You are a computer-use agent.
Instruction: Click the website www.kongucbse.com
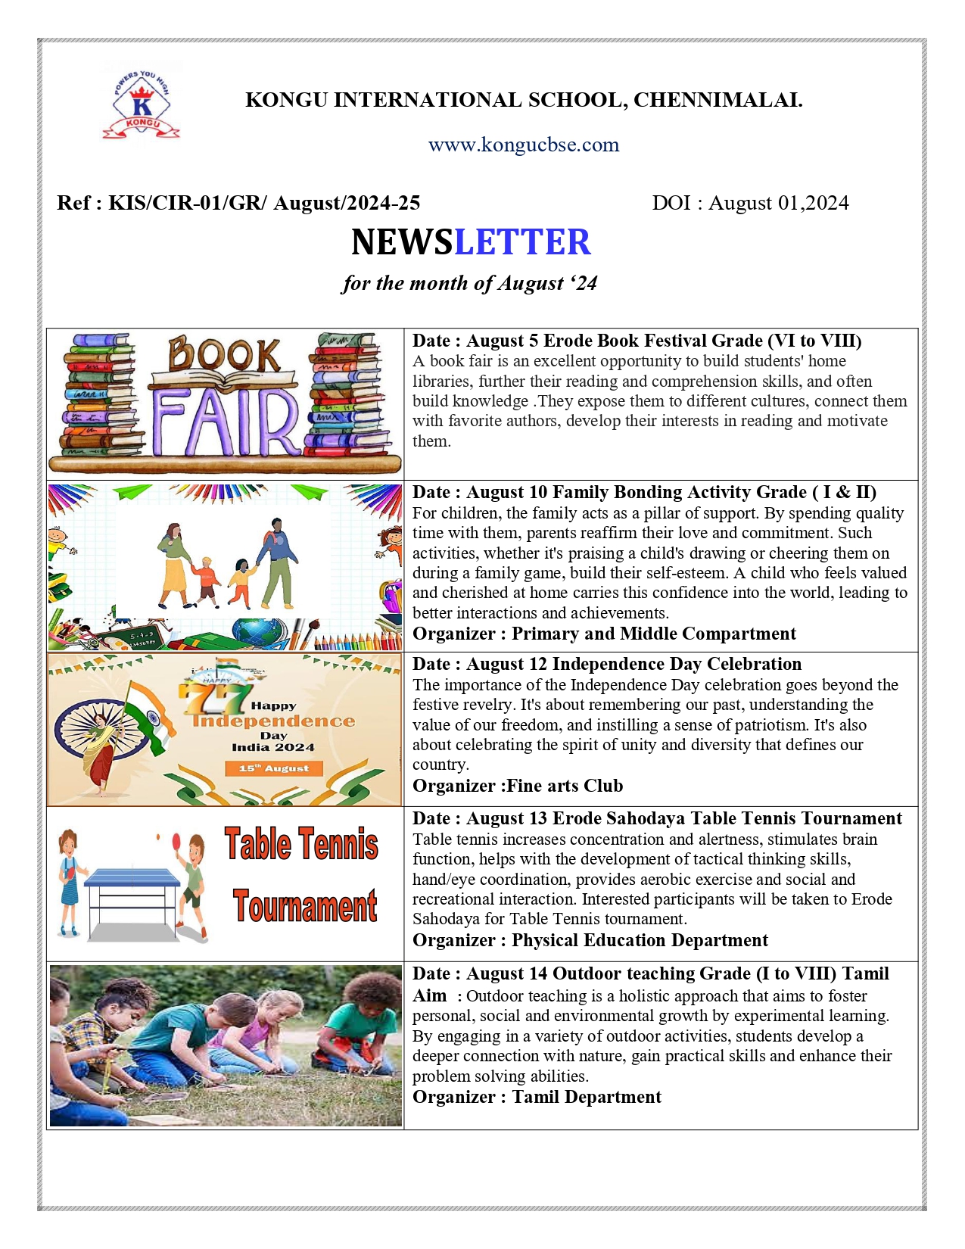pos(523,145)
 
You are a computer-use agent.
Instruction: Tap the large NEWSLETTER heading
pos(471,242)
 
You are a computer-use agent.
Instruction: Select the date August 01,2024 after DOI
pos(778,203)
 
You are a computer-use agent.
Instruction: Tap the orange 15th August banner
pos(274,768)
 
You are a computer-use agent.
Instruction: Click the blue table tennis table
pos(132,879)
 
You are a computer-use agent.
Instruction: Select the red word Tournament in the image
pos(304,906)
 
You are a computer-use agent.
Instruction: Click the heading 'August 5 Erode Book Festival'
pos(614,341)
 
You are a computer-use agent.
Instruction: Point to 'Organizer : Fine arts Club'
pos(517,786)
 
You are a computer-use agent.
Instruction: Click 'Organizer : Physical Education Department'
pos(590,940)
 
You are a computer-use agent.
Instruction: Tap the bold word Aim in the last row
pos(429,995)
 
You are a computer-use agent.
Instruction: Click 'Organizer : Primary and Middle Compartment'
pos(603,634)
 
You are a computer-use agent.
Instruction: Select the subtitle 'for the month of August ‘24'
pos(469,283)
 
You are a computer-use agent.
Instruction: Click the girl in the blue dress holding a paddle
pos(69,881)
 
